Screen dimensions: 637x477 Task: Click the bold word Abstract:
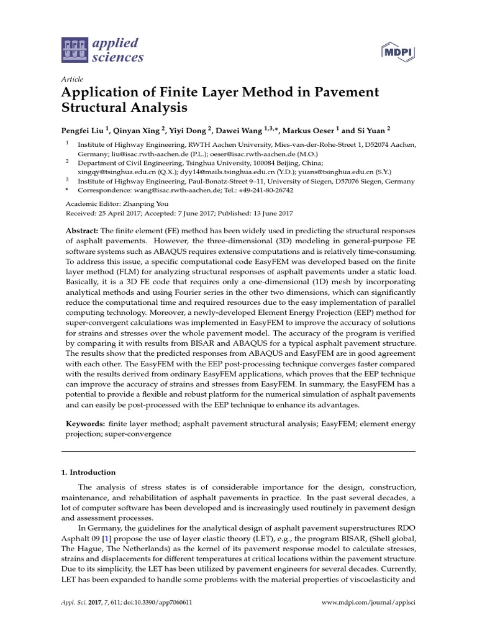[83, 231]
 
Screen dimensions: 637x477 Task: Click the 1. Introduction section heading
[88, 472]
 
